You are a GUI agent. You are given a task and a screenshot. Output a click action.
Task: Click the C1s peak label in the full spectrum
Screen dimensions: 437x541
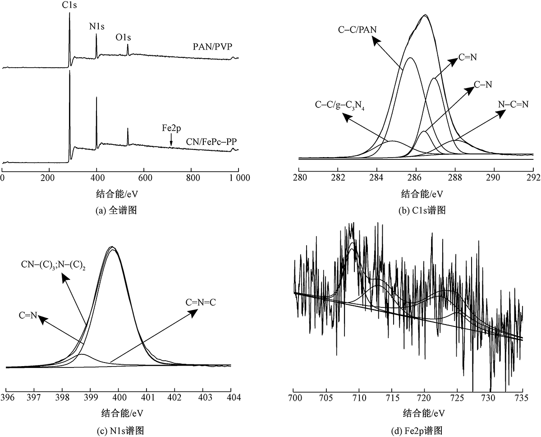69,6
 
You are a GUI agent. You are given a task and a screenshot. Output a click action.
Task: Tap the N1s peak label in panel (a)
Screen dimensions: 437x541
96,27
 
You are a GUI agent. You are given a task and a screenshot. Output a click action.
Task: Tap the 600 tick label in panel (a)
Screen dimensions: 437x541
144,177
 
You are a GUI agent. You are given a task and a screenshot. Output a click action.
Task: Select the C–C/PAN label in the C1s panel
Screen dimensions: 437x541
358,30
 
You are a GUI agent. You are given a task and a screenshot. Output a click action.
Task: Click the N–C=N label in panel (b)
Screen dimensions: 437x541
513,104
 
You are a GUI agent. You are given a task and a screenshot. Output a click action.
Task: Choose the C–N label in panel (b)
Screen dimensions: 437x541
483,84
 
